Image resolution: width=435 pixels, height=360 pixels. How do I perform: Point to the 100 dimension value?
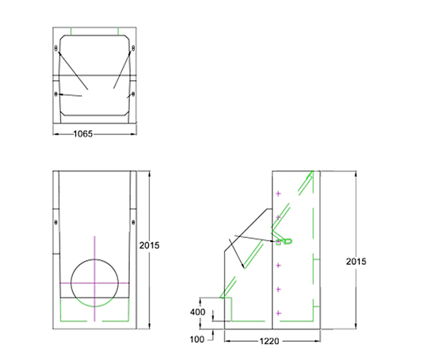point(198,339)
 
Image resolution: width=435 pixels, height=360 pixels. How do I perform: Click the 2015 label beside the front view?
point(149,246)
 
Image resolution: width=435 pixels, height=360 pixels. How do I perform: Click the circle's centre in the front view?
point(94,282)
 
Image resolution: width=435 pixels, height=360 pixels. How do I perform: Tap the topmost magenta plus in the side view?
point(277,193)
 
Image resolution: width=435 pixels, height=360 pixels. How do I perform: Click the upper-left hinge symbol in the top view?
point(56,50)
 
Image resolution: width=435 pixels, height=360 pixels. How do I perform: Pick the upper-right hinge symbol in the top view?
point(132,50)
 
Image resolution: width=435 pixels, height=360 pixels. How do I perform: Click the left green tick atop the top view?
point(72,32)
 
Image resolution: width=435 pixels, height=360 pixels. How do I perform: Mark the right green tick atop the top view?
point(116,32)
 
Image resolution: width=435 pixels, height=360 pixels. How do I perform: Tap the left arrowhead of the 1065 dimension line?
point(54,134)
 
